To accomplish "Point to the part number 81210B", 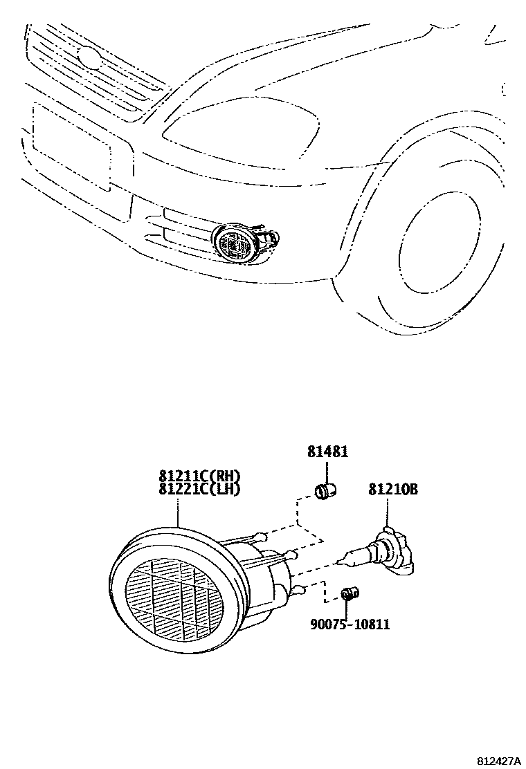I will [392, 490].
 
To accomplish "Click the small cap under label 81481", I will [326, 492].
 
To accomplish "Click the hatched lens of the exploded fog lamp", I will [174, 599].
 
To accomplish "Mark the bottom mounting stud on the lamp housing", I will [299, 589].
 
